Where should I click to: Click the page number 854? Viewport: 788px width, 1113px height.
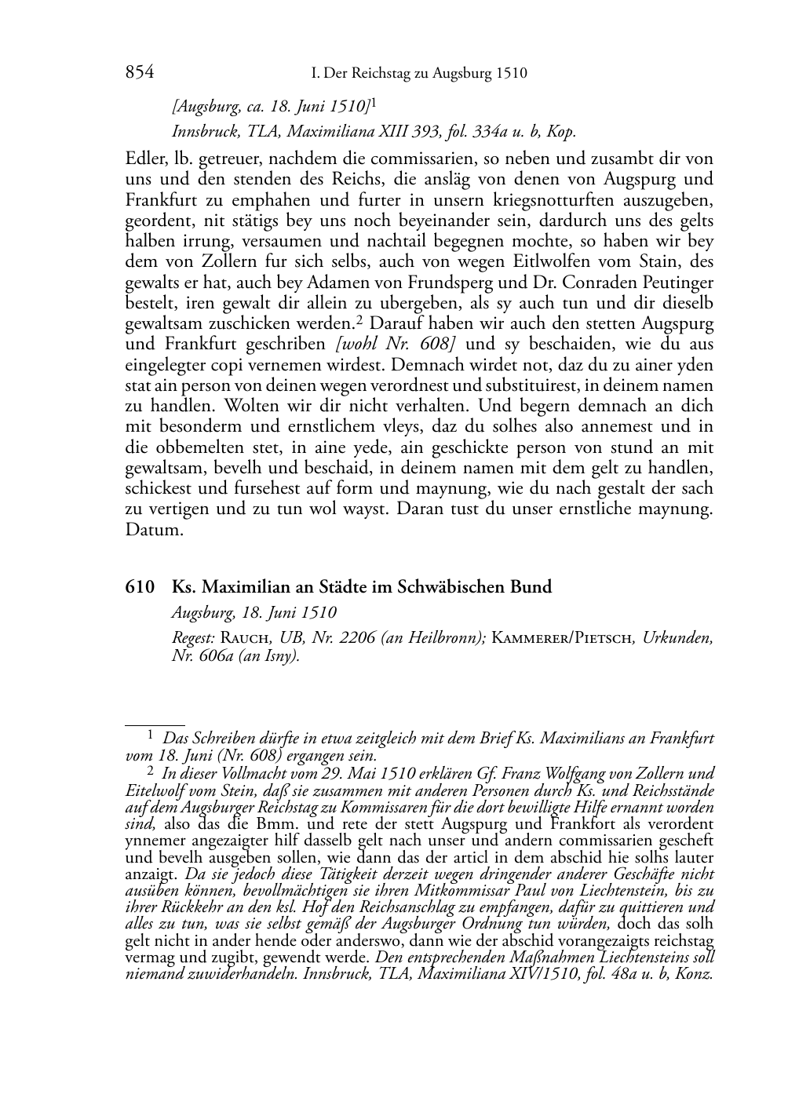pyautogui.click(x=139, y=73)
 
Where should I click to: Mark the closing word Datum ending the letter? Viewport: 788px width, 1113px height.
pyautogui.click(x=154, y=529)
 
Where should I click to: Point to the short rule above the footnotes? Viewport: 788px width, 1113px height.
pyautogui.click(x=155, y=726)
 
